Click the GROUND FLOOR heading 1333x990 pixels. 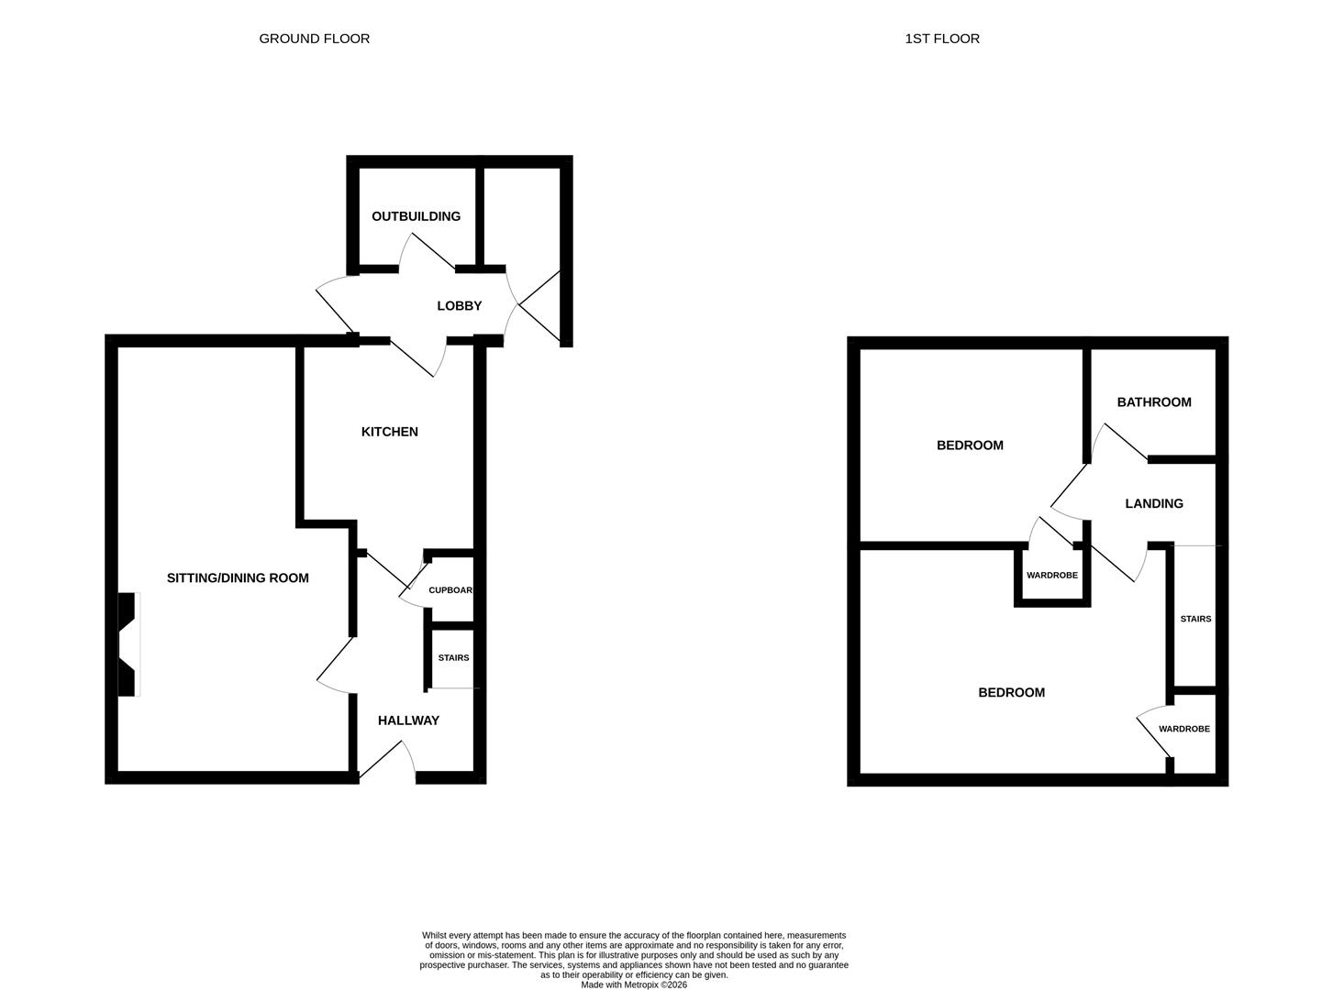click(x=314, y=39)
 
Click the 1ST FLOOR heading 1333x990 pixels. click(x=942, y=39)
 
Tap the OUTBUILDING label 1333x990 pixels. click(x=416, y=216)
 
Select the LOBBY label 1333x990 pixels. click(x=459, y=306)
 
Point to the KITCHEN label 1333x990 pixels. click(x=390, y=432)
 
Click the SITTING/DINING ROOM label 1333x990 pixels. click(x=238, y=577)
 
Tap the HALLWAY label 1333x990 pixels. click(x=408, y=720)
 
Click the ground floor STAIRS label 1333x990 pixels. click(x=453, y=658)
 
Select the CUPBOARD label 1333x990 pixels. click(x=450, y=590)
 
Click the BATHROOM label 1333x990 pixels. click(x=1154, y=401)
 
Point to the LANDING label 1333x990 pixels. click(x=1154, y=503)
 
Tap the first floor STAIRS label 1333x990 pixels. click(x=1195, y=619)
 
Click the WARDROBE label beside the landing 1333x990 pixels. click(x=1051, y=575)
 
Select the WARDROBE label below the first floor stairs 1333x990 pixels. click(x=1184, y=729)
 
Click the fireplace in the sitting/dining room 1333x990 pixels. click(x=128, y=644)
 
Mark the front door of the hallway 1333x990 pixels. click(x=387, y=762)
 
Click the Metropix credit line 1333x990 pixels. click(x=633, y=984)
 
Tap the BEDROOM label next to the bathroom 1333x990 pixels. click(x=970, y=445)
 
